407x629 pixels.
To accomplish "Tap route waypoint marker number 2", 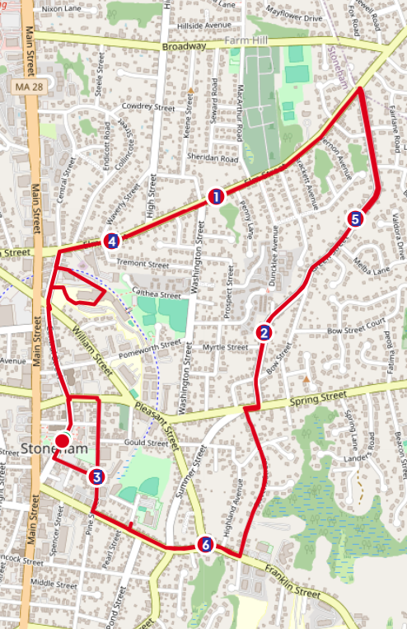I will [x=264, y=333].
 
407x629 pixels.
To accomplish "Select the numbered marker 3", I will [x=96, y=476].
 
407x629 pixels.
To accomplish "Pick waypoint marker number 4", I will [x=111, y=241].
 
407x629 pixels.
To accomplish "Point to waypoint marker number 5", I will [x=355, y=219].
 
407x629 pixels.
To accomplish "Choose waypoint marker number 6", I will [x=205, y=545].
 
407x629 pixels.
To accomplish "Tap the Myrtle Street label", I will [x=225, y=348].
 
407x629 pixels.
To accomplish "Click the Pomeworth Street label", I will [x=148, y=350].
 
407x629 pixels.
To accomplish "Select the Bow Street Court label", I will [x=356, y=331].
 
